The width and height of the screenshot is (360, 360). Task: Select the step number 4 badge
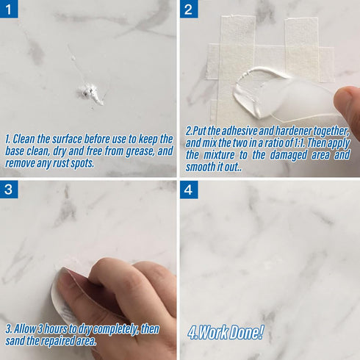[189, 190]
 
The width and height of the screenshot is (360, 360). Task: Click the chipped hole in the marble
[90, 92]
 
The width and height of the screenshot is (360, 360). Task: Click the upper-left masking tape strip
[237, 37]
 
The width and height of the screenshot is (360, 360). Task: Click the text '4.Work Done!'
[226, 332]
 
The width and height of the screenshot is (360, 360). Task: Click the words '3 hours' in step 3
[46, 327]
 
